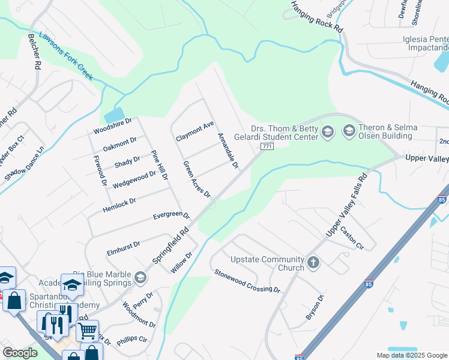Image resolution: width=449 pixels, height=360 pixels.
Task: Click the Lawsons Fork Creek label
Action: (x=67, y=56)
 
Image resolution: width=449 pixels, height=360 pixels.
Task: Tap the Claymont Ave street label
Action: (x=194, y=131)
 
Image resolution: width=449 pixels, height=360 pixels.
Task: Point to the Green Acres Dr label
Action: (x=197, y=179)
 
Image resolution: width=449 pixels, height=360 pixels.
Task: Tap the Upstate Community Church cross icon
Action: (x=313, y=262)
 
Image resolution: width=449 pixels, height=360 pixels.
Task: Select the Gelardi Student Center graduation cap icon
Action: (x=328, y=131)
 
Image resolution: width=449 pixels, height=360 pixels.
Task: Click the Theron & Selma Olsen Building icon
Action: (x=349, y=130)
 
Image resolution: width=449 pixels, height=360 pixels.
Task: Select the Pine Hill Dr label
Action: (x=158, y=164)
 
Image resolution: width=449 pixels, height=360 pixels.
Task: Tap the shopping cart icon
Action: (x=88, y=329)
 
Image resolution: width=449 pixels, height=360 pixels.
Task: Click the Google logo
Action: (x=20, y=353)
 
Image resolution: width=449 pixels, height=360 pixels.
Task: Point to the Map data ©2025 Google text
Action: (x=411, y=355)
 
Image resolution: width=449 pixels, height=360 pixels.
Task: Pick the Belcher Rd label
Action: (x=34, y=51)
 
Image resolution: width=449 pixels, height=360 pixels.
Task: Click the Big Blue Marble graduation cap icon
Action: (x=140, y=277)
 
